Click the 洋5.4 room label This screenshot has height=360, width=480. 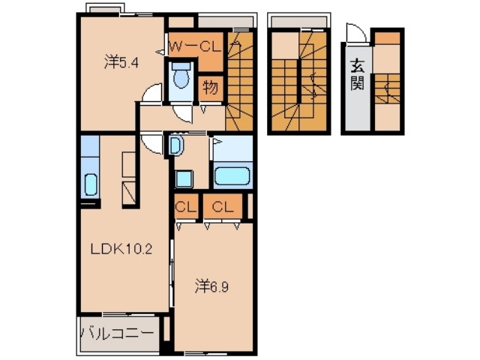point(121,63)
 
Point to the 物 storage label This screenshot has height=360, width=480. point(210,88)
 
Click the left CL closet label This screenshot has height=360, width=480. point(184,207)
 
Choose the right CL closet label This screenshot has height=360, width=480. point(221,207)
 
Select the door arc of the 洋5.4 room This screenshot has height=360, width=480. point(153,94)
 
